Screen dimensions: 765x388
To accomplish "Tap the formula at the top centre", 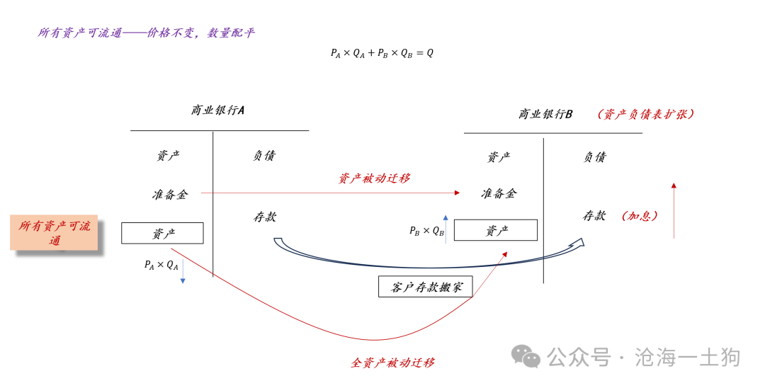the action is click(x=382, y=53).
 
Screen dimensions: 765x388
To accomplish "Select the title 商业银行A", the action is click(x=217, y=110).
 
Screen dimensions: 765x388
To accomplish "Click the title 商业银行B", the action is click(x=545, y=114).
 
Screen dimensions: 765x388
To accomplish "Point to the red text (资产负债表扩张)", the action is click(x=645, y=114).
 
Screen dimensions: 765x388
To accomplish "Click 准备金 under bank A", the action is click(x=170, y=195).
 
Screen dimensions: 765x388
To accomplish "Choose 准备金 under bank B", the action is click(x=499, y=193).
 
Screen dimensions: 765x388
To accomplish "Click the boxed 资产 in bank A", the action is click(x=162, y=233).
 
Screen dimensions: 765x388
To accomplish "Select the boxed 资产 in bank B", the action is click(x=496, y=230).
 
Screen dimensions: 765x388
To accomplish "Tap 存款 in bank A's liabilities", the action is click(x=265, y=217).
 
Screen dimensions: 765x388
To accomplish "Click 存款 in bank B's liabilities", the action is click(x=594, y=215).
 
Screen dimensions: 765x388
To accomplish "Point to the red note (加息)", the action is click(x=640, y=216).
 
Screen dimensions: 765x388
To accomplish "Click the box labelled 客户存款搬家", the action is click(x=426, y=287).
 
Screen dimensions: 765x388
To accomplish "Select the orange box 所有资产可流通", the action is click(x=54, y=232).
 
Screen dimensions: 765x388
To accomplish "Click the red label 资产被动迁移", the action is click(x=374, y=178).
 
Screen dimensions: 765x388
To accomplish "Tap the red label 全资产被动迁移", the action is click(x=392, y=363).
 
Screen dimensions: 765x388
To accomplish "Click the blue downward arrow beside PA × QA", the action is click(x=183, y=271).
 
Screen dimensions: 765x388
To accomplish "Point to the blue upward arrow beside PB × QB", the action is click(x=446, y=229).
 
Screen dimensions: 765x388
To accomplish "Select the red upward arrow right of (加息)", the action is click(x=674, y=210).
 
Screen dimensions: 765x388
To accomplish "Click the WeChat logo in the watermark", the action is click(x=526, y=356).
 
